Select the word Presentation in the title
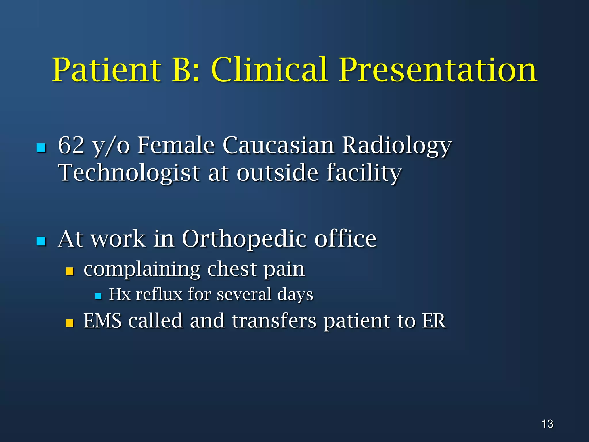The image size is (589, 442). click(x=438, y=71)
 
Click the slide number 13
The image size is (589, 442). click(x=547, y=424)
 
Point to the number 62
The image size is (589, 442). click(x=71, y=145)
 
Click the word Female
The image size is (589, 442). click(x=176, y=145)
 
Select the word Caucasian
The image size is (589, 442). click(x=278, y=145)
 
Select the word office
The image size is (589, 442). click(x=345, y=239)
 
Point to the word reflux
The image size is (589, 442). click(x=159, y=294)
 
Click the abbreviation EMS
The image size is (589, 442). click(x=102, y=321)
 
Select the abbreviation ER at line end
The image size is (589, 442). click(x=434, y=321)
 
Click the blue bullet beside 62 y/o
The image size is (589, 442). click(x=41, y=148)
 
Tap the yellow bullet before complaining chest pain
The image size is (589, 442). click(x=70, y=271)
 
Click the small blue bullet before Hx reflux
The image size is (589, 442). click(x=98, y=296)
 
